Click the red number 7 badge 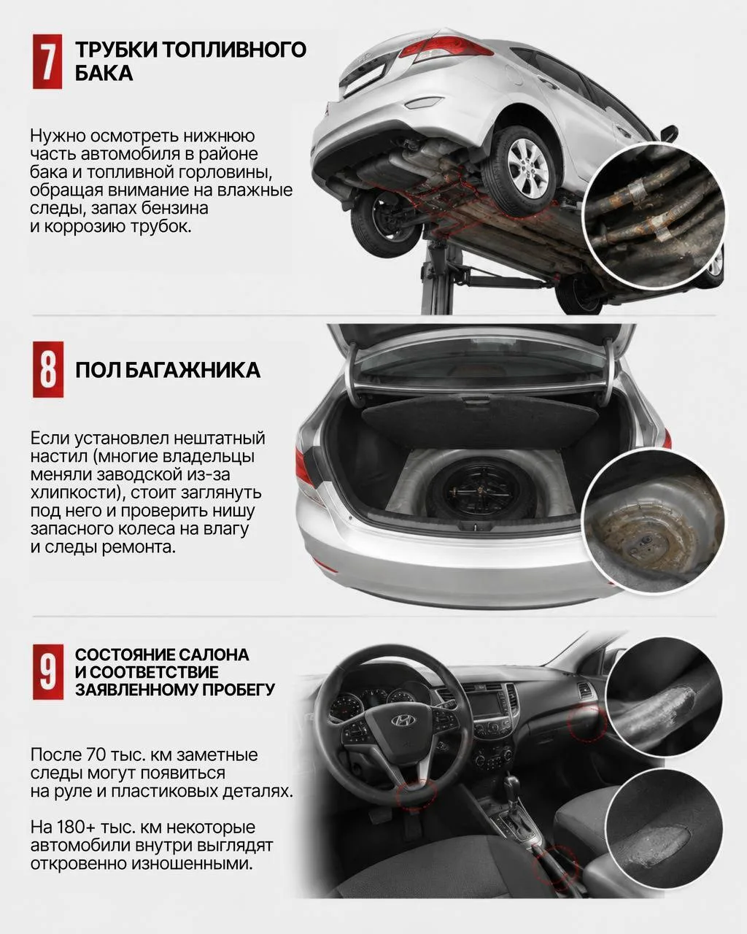47,61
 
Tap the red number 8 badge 47,369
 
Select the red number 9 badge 47,672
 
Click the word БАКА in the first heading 104,73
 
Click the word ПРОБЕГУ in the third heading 235,690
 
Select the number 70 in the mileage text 94,754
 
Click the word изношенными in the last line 192,863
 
